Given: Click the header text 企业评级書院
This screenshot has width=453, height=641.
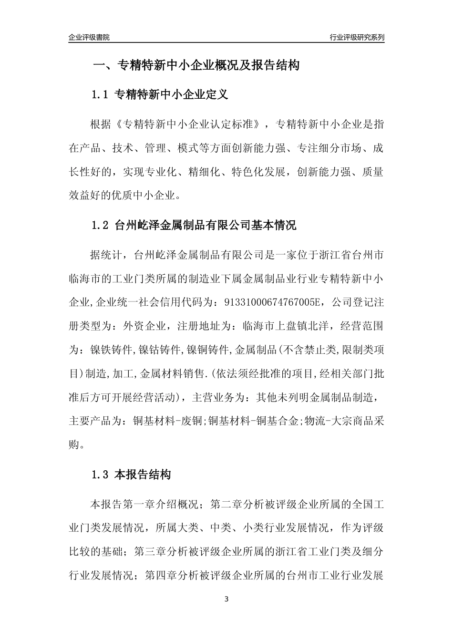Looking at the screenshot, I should point(89,37).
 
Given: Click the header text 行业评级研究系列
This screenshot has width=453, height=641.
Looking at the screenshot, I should point(357,37).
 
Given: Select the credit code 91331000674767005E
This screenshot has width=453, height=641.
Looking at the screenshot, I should point(270,302).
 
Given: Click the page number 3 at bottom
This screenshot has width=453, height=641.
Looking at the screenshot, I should point(226,599).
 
